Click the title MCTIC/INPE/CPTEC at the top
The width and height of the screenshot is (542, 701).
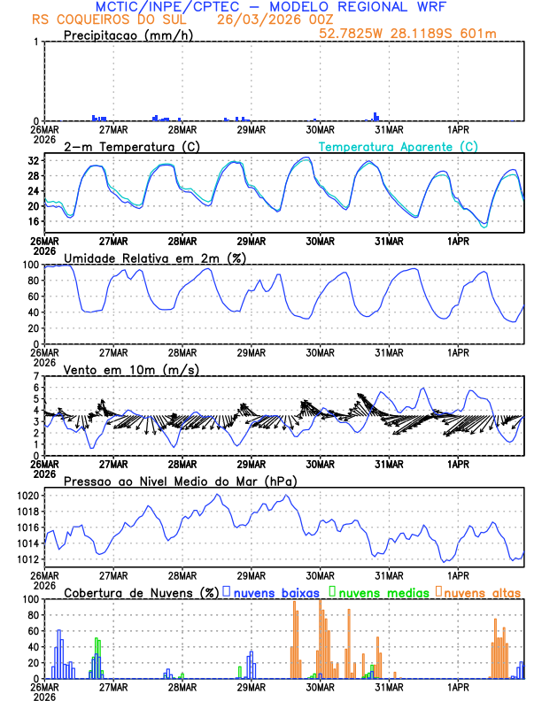[164, 7]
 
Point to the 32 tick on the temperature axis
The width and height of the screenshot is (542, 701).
[33, 161]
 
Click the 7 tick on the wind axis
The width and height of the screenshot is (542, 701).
[36, 376]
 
